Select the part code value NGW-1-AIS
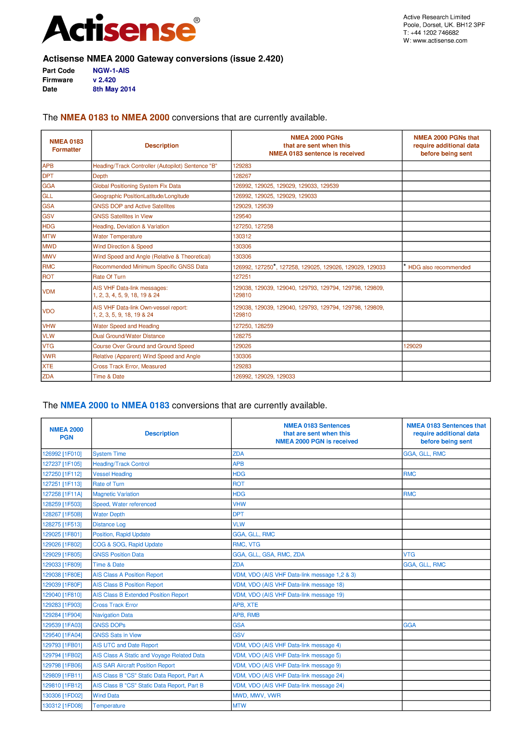pyautogui.click(x=111, y=70)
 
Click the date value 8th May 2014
pyautogui.click(x=114, y=89)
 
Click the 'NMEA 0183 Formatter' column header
pyautogui.click(x=66, y=146)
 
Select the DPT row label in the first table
pyautogui.click(x=48, y=176)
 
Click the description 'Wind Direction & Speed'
pyautogui.click(x=123, y=247)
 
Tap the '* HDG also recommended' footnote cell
pyautogui.click(x=439, y=267)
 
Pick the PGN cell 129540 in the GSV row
pyautogui.click(x=242, y=216)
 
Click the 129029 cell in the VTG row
pyautogui.click(x=412, y=346)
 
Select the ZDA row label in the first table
pyautogui.click(x=48, y=377)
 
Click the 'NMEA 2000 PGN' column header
pyautogui.click(x=66, y=433)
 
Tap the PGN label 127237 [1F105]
pyautogui.click(x=62, y=464)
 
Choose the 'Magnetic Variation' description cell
pyautogui.click(x=116, y=494)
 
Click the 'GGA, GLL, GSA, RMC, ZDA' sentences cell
pyautogui.click(x=269, y=554)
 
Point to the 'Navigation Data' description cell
pyautogui.click(x=113, y=615)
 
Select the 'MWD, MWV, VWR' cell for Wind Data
pyautogui.click(x=257, y=695)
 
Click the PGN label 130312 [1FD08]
pyautogui.click(x=62, y=706)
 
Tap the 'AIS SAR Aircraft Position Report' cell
pyautogui.click(x=134, y=665)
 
